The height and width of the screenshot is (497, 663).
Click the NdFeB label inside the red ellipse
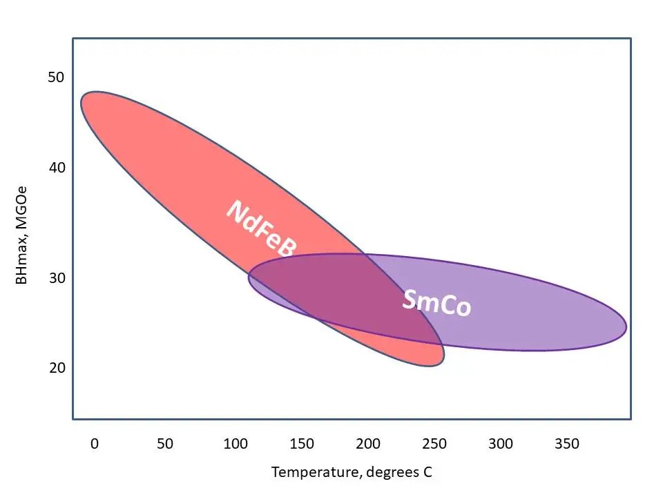coord(261,229)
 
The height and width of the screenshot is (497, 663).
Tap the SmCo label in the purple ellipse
coord(436,302)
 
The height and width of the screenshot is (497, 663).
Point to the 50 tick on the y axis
coord(56,77)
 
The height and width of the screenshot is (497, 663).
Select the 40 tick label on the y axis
coord(56,168)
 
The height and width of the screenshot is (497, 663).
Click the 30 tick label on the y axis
coord(56,277)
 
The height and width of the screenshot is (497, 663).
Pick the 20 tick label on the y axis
coord(56,367)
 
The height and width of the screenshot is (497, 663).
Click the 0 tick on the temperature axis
coord(95,444)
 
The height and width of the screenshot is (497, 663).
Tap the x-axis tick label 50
coord(165,444)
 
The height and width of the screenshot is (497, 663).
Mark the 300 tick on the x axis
coord(501,444)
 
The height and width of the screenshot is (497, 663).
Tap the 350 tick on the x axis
coord(567,444)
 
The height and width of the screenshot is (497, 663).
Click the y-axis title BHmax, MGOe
coord(22,235)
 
